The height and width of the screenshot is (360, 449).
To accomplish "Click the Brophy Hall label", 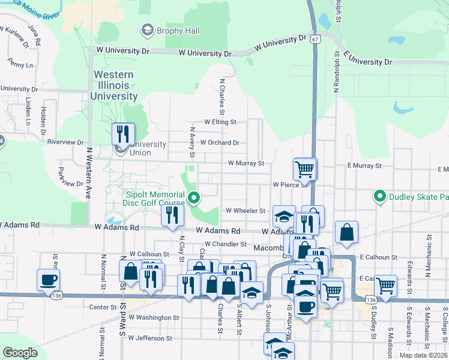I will coord(170,31).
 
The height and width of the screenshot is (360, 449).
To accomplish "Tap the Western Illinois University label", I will coord(114,85).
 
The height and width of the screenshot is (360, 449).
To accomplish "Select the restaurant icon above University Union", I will coord(123,133).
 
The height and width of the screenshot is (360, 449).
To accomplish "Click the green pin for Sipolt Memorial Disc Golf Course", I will coord(194,197).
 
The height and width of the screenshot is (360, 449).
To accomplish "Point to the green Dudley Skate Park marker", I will coord(379,196).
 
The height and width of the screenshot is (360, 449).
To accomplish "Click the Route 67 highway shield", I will coord(316,39).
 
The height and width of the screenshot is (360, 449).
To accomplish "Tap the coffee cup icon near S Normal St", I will coord(48,280).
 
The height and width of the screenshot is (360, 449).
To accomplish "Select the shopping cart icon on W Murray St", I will coord(305,169).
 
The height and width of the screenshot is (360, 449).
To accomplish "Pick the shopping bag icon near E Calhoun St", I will coord(347,232).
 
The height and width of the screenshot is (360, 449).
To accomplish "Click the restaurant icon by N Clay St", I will coord(172,216).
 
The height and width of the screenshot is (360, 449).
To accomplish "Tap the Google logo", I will coord(20,353).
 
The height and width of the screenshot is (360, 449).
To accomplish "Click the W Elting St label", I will coord(220,122).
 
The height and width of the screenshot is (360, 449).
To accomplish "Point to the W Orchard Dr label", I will coord(220,143).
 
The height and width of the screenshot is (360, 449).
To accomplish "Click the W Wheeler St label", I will coord(245,211).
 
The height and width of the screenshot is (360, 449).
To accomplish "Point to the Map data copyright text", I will coord(424,355).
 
